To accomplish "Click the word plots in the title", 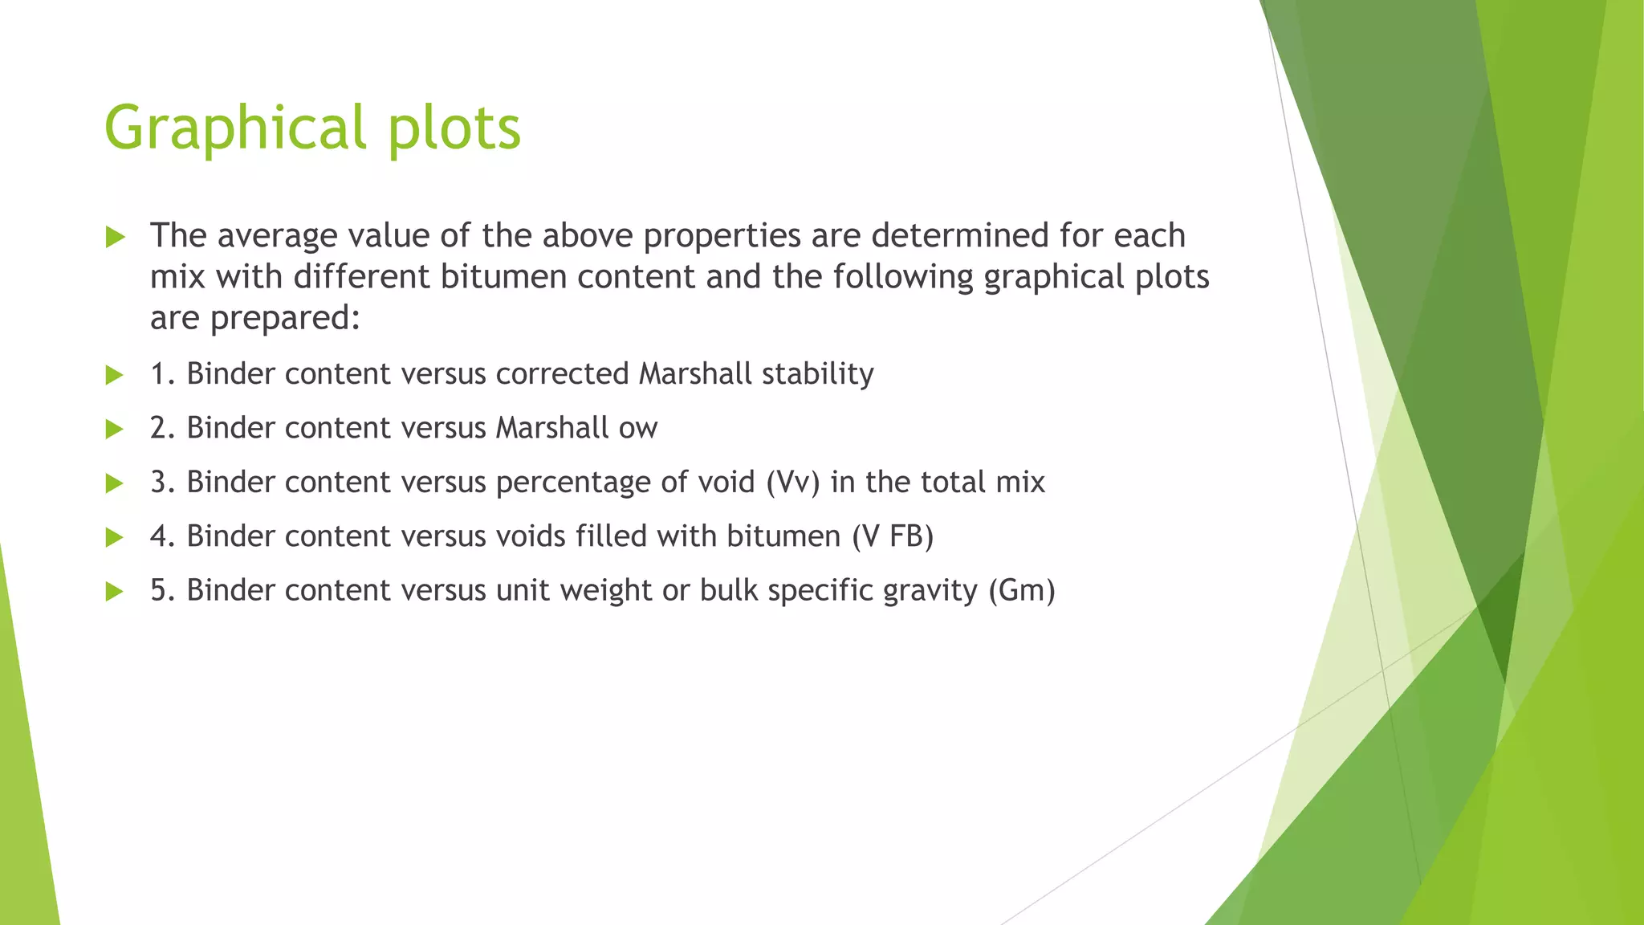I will pos(454,128).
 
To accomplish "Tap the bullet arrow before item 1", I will pos(115,375).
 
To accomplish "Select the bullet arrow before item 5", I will pos(115,592).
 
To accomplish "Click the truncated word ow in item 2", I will pos(638,429).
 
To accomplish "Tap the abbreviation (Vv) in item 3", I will pos(792,483).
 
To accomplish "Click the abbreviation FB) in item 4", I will pos(911,536).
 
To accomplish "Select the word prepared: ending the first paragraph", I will pos(285,319).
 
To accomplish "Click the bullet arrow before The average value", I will pos(115,237).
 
